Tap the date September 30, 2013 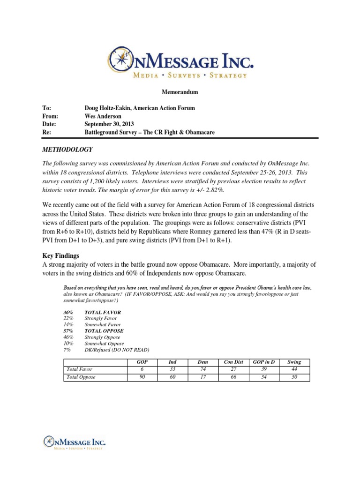(x=109, y=124)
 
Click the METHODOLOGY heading (x=68, y=150)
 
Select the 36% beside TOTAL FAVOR (x=68, y=312)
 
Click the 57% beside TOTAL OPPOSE (x=68, y=330)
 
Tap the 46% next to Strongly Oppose (x=68, y=337)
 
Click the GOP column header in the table (x=142, y=362)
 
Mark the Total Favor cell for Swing (x=294, y=369)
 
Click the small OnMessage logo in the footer (x=74, y=442)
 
